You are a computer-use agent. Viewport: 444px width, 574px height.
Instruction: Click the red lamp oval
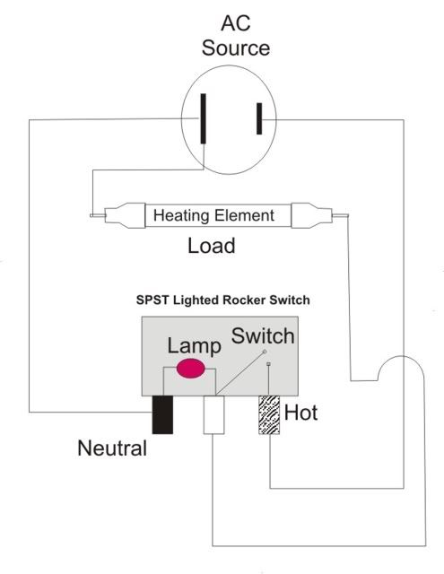tap(190, 369)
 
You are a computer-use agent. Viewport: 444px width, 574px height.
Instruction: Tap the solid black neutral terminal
tap(162, 414)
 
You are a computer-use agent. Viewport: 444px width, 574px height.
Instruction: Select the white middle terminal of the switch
tap(213, 414)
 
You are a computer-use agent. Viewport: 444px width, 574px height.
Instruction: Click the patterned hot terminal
tap(269, 414)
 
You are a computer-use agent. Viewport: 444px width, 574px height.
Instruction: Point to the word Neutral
tap(112, 448)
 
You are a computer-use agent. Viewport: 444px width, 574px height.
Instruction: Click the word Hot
tap(300, 413)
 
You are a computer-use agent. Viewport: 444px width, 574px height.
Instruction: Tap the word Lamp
tap(195, 346)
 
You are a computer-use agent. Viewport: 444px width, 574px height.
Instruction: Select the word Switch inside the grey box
tap(263, 336)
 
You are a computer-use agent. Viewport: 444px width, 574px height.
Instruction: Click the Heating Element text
tap(213, 215)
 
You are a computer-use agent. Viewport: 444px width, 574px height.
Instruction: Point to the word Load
tap(211, 246)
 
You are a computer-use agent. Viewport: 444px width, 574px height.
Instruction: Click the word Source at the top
tap(236, 48)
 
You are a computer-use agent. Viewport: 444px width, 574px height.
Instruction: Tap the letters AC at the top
tap(236, 23)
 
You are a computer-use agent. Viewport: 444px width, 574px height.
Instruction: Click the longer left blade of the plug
tap(203, 118)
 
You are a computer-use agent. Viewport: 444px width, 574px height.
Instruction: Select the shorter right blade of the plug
tap(259, 118)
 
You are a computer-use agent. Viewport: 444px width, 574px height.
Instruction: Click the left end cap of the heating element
tap(126, 215)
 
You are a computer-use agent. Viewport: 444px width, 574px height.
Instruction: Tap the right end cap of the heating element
tap(312, 215)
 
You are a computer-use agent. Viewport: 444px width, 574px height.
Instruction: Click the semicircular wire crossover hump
tap(401, 356)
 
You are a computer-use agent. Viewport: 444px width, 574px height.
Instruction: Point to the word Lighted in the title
tap(196, 300)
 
